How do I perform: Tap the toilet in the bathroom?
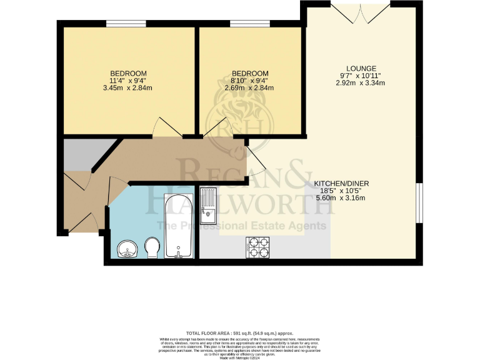[151, 247]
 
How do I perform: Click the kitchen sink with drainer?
[207, 206]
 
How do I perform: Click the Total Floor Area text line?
[239, 334]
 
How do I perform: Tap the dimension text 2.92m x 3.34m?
[362, 82]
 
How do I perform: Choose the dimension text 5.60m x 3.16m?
[340, 197]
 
